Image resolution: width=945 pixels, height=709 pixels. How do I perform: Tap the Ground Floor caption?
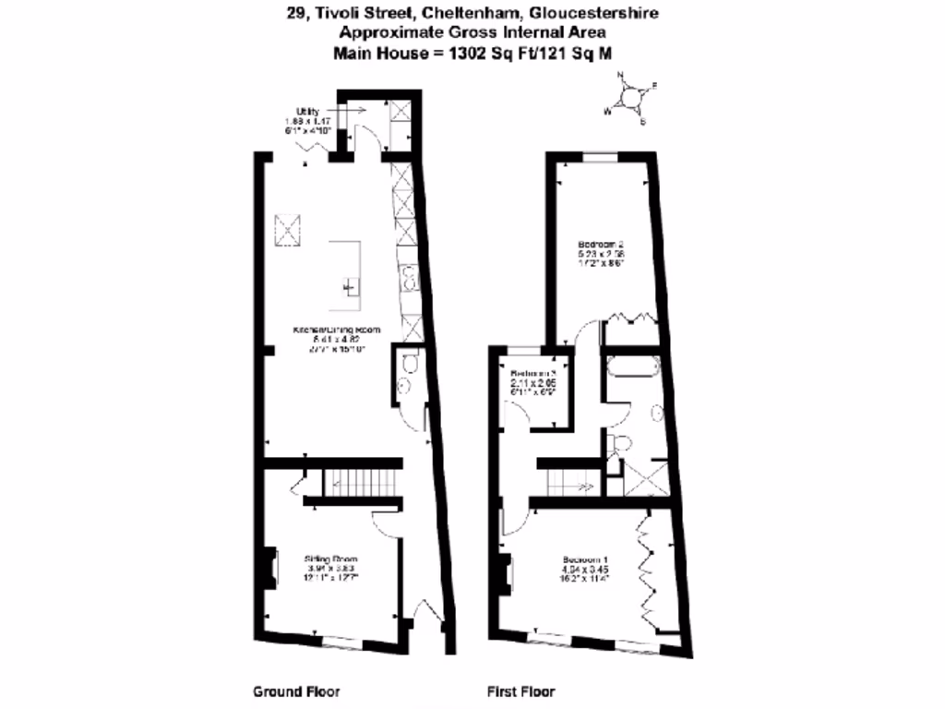pos(295,691)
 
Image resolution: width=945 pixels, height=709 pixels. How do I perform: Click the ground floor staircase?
pos(360,481)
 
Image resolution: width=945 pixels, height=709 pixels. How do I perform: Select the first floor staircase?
pos(563,481)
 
